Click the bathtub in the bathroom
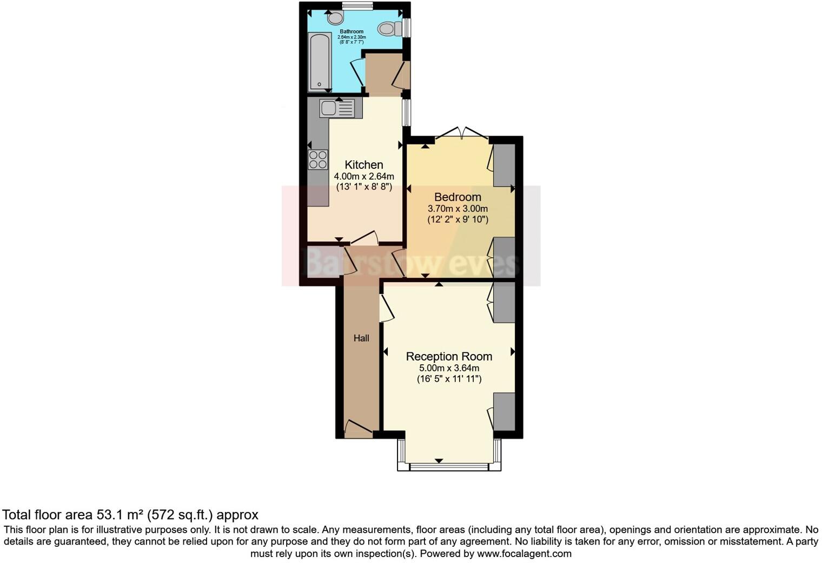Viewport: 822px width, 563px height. (319, 62)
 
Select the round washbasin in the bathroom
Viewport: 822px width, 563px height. (335, 18)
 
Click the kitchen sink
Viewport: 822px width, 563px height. (337, 108)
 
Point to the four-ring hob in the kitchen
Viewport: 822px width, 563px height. (318, 160)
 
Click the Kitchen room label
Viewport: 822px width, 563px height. (364, 165)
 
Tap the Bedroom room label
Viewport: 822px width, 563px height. (458, 197)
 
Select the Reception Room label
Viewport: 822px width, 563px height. (449, 356)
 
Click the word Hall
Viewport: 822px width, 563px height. (361, 338)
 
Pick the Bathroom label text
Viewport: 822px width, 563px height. (352, 31)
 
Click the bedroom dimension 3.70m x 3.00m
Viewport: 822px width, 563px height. (458, 208)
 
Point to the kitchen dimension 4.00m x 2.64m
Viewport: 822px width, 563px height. (364, 176)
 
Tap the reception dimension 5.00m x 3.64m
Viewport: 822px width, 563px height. (449, 368)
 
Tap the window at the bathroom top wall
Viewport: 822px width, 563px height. (357, 6)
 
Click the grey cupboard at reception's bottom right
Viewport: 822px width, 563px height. (505, 412)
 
